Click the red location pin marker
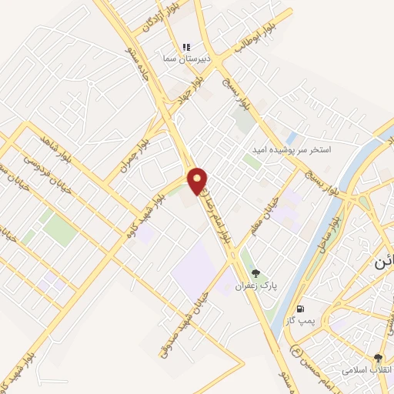(x=198, y=180)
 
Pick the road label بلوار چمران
(x=135, y=154)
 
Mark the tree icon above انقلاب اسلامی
(x=376, y=358)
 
